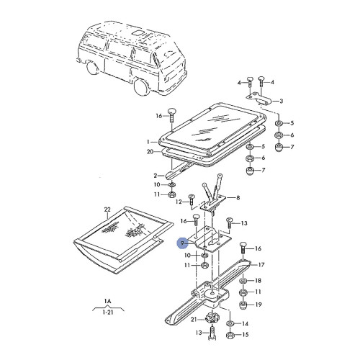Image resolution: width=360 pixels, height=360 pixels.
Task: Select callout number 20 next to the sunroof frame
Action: click(x=149, y=153)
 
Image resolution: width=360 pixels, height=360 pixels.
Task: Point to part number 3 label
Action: click(x=282, y=101)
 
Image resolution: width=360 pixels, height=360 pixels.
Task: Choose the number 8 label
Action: click(x=239, y=197)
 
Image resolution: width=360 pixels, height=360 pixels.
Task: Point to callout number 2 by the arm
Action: click(x=155, y=175)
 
